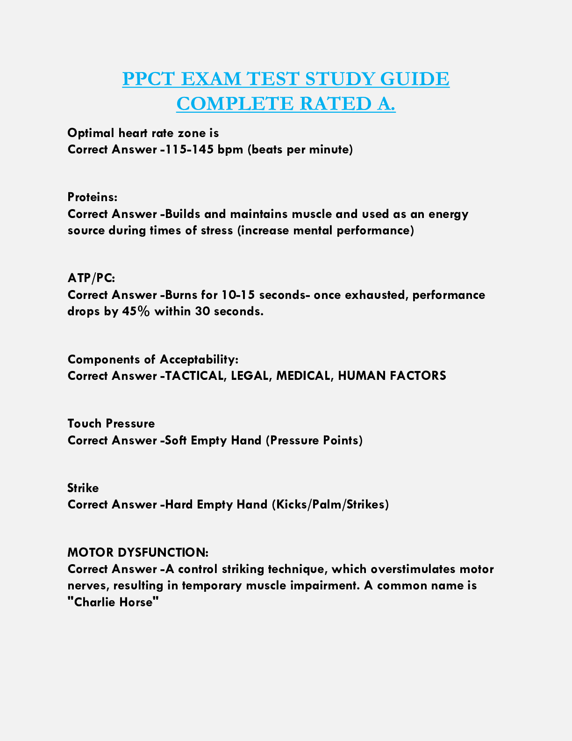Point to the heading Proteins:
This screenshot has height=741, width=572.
pos(93,197)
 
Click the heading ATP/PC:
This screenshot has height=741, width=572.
pos(91,278)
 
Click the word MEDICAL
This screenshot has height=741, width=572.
pos(303,376)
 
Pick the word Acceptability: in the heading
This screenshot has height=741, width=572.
pos(199,359)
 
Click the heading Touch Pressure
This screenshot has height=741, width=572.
pos(111,424)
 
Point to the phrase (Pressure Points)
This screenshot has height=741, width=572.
pos(314,440)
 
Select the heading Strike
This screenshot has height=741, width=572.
pos(83,488)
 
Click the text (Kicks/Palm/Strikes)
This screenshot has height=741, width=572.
pos(330,504)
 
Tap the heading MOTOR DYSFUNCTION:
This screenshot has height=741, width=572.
pos(138,552)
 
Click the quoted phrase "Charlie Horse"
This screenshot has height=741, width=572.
pos(114,602)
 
